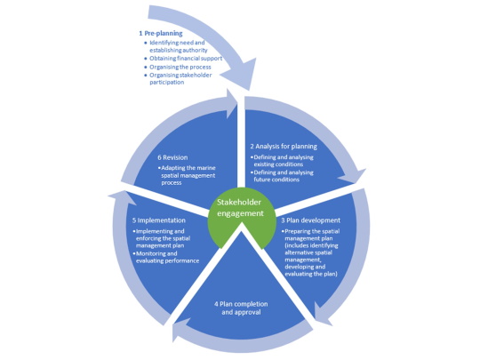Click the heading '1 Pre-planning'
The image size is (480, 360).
[x=161, y=34]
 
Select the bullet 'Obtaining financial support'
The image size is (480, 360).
[x=183, y=59]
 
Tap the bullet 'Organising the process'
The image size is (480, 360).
[x=178, y=67]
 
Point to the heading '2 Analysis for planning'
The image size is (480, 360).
[x=284, y=147]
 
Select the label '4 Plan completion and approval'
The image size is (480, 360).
[x=241, y=308]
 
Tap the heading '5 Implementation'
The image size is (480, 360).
[x=159, y=220]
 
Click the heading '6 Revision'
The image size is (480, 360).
[x=172, y=157]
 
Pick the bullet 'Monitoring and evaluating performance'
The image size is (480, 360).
[x=166, y=257]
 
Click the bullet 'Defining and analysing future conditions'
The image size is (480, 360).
[x=282, y=176]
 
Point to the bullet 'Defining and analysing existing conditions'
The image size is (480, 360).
[x=282, y=161]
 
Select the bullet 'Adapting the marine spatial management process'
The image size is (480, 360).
[x=187, y=175]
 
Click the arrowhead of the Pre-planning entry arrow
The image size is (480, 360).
[x=242, y=75]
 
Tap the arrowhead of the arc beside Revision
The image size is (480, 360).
[x=230, y=103]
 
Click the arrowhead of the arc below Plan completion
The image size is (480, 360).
[x=179, y=331]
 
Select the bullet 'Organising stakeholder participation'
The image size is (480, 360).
[x=179, y=79]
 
